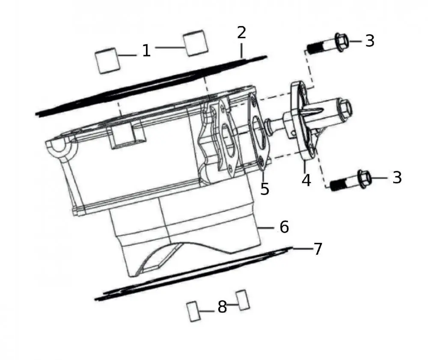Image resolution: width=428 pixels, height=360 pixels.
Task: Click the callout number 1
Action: coord(146,51)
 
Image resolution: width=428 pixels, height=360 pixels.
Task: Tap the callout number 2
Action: coord(241,32)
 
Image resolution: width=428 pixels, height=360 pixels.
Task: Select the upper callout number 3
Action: coord(370,41)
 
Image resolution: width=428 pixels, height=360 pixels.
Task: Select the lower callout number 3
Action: coord(397,177)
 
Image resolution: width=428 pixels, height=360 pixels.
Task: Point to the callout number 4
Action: coord(306,180)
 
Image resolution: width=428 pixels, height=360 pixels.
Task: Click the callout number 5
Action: coord(265,188)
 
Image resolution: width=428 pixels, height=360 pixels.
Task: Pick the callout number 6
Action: coord(284,227)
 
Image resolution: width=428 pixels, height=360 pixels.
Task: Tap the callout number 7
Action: coord(318,249)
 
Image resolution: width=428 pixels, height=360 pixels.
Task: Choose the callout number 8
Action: coord(222,307)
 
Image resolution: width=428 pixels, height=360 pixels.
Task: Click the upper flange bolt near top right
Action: coord(327,44)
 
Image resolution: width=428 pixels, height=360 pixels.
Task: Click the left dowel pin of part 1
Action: coord(106,61)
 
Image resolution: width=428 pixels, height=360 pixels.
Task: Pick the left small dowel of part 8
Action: coord(193,311)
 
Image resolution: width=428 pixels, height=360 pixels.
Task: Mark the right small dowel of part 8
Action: coord(243,299)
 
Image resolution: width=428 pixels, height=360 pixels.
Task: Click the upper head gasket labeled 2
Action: coord(150,86)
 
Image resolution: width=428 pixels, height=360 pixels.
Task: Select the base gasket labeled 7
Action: coord(193,274)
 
